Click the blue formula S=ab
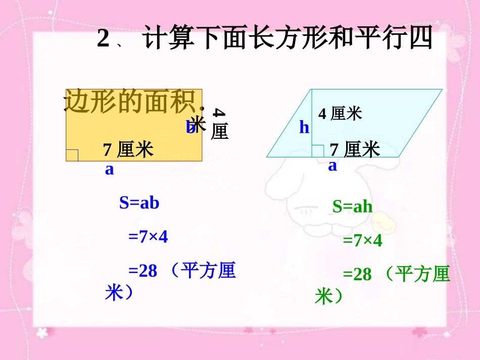(139, 203)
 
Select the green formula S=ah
(352, 206)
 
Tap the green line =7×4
(362, 240)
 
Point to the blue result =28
(143, 271)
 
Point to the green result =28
(357, 275)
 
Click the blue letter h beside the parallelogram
(304, 128)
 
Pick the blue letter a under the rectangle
(110, 170)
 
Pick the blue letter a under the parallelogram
(332, 166)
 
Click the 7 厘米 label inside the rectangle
(128, 150)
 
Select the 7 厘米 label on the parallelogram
(355, 149)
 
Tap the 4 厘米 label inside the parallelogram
(340, 114)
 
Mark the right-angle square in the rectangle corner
(72, 155)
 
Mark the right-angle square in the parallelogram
(317, 151)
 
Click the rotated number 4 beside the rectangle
(218, 114)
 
